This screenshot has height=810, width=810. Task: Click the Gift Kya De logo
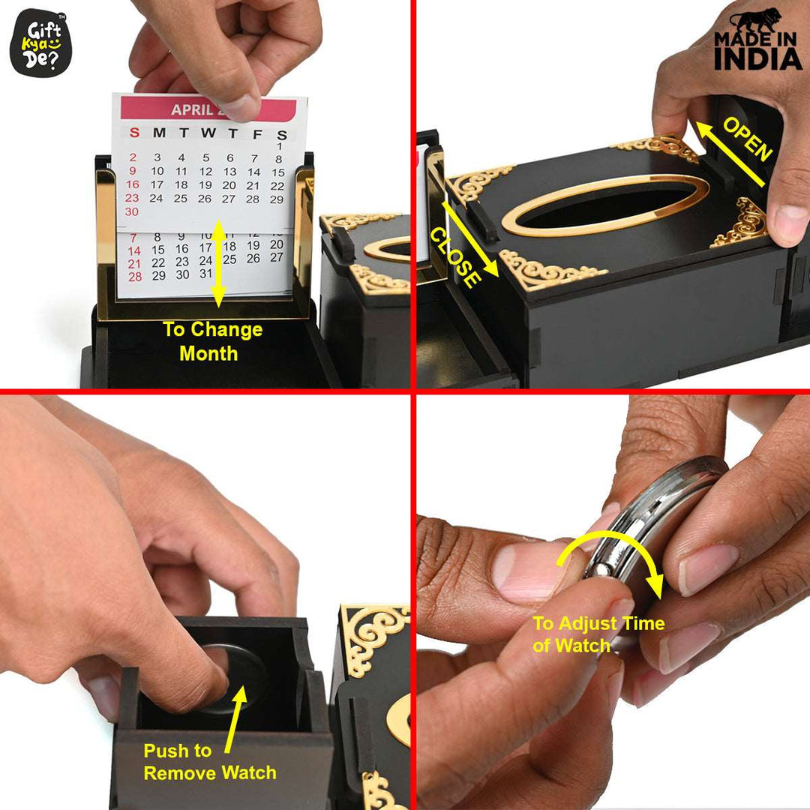40,43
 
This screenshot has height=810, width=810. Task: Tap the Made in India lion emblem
756,30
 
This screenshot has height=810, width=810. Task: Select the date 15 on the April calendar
278,172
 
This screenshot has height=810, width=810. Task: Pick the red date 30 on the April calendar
133,211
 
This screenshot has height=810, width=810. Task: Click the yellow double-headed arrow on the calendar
217,263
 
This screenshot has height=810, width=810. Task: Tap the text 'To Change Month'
212,341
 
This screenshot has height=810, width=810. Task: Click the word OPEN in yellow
747,139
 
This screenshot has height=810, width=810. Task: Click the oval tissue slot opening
604,204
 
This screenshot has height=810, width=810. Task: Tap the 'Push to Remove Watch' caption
210,762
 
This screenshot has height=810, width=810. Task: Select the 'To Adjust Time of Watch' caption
598,634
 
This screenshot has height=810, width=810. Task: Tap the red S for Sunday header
133,133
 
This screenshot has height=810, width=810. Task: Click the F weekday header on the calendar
257,134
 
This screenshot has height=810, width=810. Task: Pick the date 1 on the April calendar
279,145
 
